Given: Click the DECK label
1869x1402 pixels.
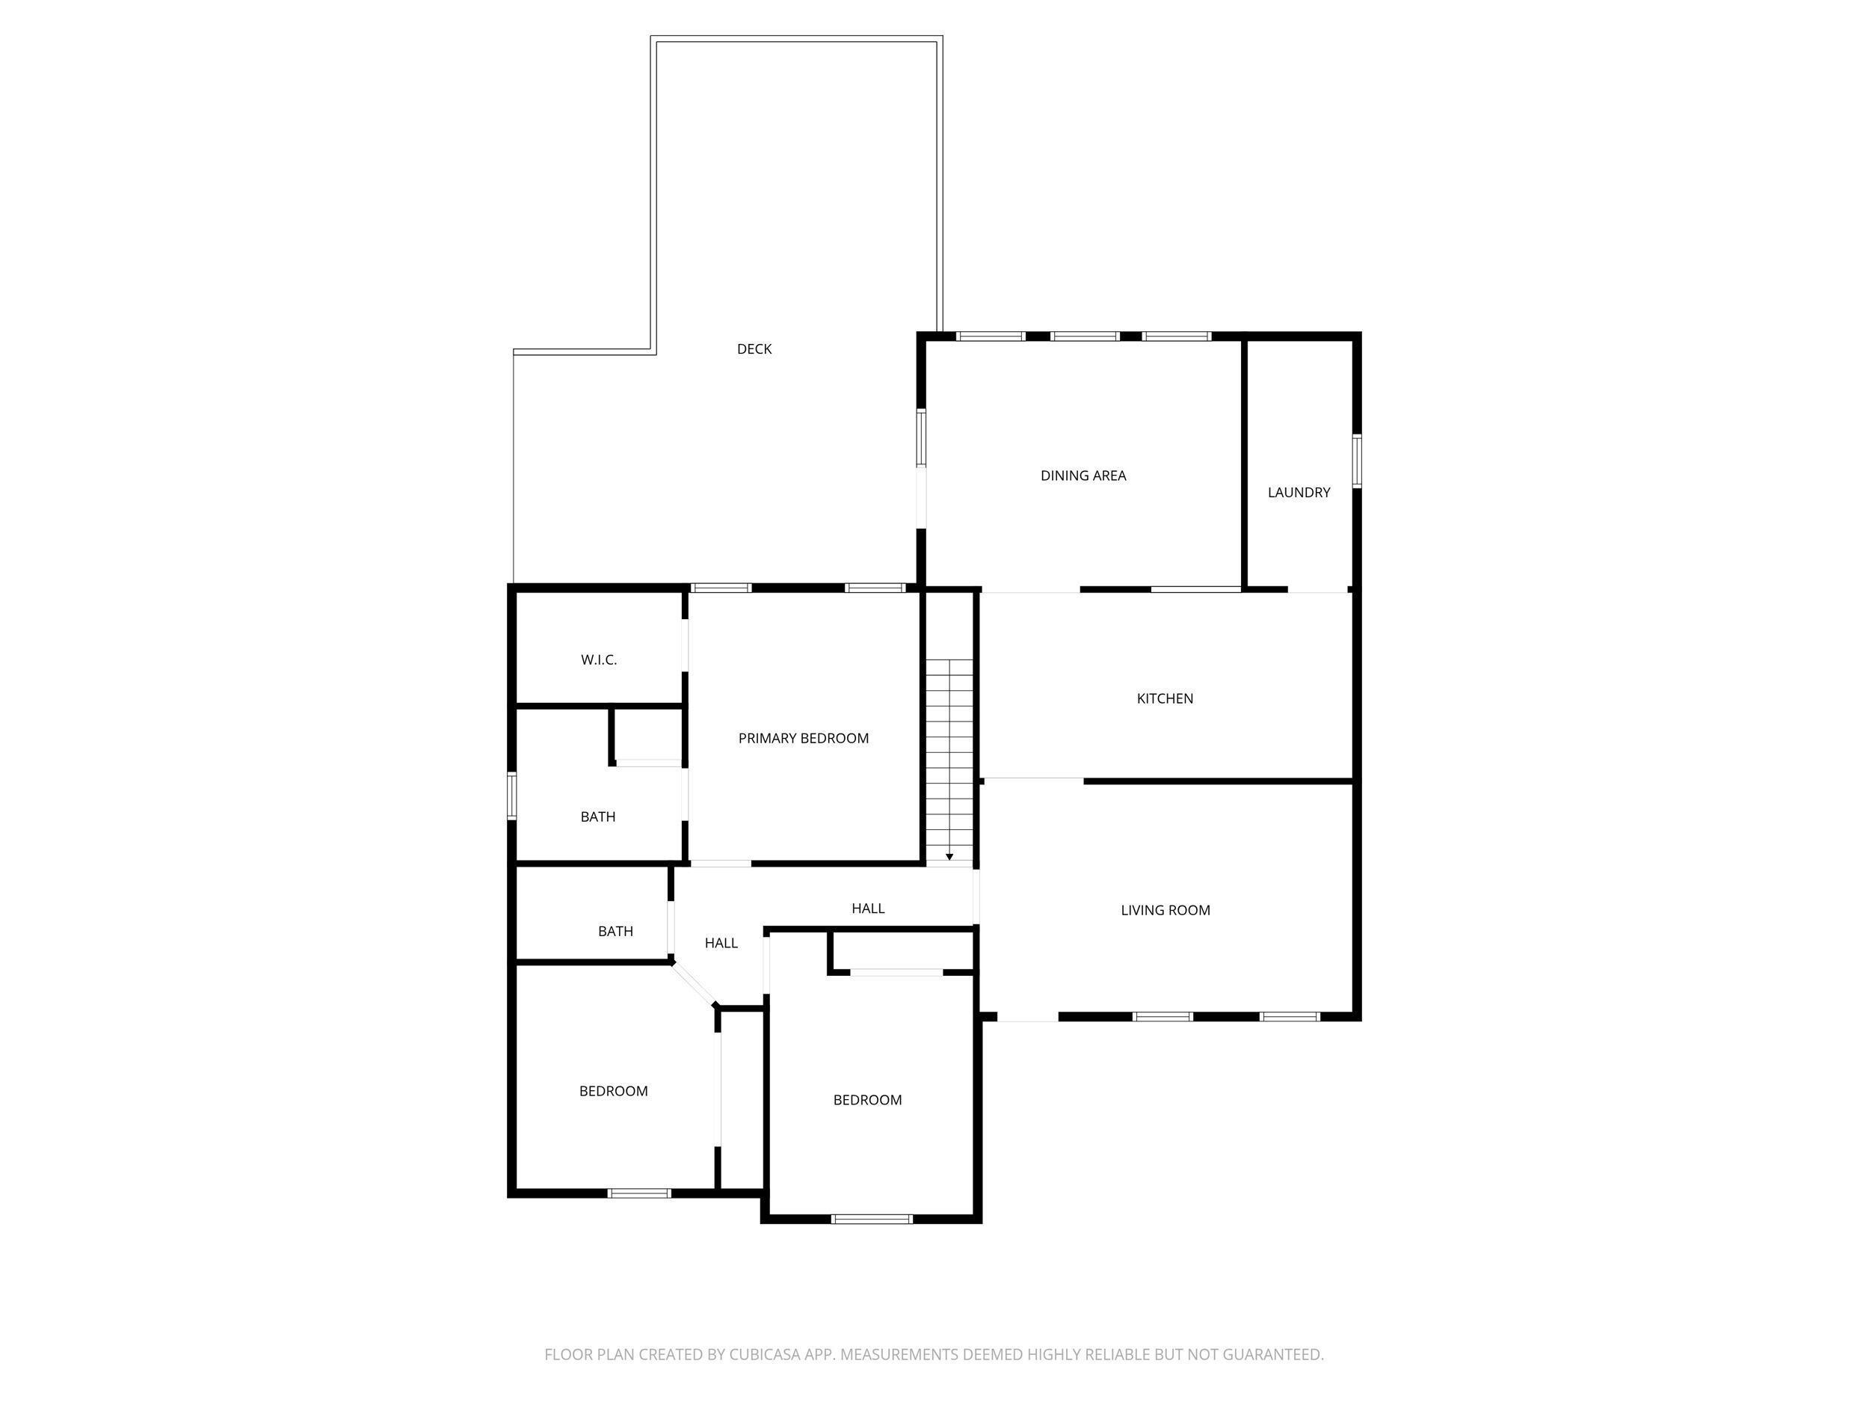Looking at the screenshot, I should click(x=754, y=349).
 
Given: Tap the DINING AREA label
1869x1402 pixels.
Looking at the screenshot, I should click(x=1083, y=476).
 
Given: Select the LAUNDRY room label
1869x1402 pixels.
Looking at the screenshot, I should click(x=1298, y=493).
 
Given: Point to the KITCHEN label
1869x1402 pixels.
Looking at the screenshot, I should click(x=1164, y=699).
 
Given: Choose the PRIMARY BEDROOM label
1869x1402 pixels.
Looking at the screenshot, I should click(x=803, y=739).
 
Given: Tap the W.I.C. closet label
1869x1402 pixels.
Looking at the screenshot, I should click(x=598, y=660).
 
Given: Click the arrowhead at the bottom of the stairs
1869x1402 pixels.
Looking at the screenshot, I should click(x=949, y=857).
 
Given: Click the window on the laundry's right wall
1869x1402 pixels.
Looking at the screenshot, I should click(x=1356, y=461).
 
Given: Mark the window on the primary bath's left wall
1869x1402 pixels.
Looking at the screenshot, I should click(x=511, y=796).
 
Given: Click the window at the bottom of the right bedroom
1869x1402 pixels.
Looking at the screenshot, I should click(x=871, y=1219).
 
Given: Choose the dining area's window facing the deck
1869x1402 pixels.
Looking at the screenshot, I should click(x=921, y=437).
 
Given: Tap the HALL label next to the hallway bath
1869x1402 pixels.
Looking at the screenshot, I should click(x=721, y=943).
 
